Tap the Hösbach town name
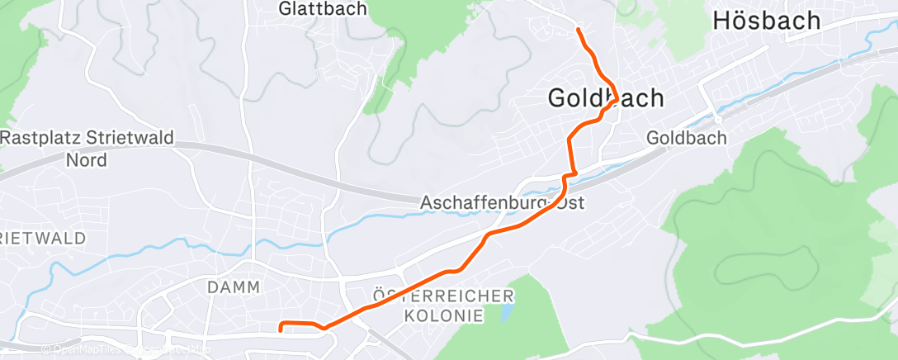click(x=767, y=21)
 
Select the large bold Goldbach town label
click(x=606, y=98)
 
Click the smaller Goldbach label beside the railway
click(x=687, y=138)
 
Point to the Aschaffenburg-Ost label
click(x=502, y=202)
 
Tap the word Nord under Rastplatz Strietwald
click(x=87, y=160)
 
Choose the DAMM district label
click(x=234, y=287)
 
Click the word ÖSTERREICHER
click(x=443, y=296)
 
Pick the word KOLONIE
click(x=444, y=315)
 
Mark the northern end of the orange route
click(x=578, y=30)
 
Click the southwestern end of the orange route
click(x=281, y=330)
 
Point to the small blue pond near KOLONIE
click(x=503, y=312)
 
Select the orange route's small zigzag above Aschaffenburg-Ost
click(x=569, y=176)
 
